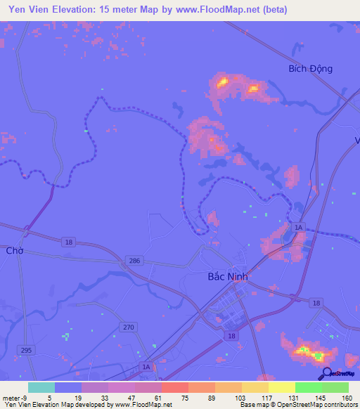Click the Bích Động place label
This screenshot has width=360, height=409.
(310, 69)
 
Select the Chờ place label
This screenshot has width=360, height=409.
(14, 250)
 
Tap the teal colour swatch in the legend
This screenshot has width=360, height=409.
(41, 387)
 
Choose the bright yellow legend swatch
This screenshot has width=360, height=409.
(281, 387)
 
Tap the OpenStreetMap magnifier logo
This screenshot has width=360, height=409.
(326, 374)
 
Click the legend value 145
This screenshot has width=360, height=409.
(308, 398)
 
